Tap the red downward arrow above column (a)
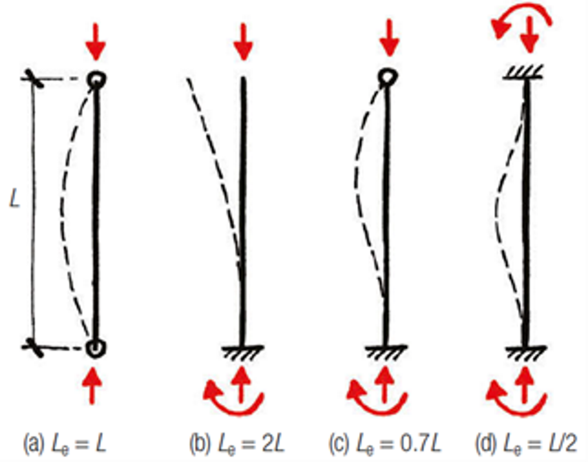[x=96, y=42]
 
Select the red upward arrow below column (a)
[x=93, y=385]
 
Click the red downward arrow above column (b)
[x=243, y=42]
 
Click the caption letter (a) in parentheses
[x=33, y=443]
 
